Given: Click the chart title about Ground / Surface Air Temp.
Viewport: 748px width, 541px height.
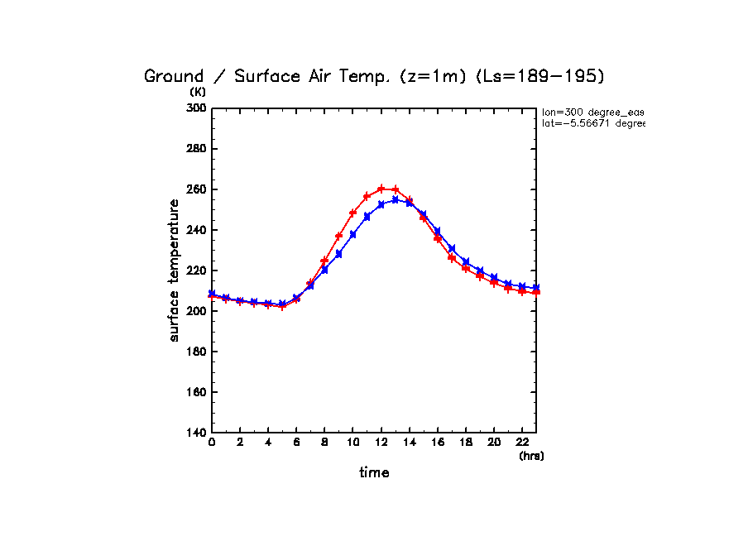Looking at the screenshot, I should click(375, 76).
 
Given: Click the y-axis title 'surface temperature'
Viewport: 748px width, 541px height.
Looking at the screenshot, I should click(175, 270).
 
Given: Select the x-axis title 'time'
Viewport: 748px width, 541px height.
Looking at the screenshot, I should click(374, 472).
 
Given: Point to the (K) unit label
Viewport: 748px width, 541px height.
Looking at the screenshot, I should click(198, 92).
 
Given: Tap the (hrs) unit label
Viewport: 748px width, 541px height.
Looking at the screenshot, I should click(531, 456).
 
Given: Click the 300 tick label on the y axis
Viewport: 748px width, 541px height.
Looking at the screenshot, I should click(196, 108).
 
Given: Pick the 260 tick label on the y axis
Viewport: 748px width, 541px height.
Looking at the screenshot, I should click(196, 189).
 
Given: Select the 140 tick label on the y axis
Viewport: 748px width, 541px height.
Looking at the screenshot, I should click(196, 433).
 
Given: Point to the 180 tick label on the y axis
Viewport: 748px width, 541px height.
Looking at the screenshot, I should click(196, 352).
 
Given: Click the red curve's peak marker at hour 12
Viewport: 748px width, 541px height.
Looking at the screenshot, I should click(381, 189).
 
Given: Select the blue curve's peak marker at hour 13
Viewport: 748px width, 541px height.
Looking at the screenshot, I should click(396, 199).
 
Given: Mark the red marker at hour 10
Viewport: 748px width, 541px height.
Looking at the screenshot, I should click(353, 213).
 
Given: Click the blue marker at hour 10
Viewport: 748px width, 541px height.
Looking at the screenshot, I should click(353, 234).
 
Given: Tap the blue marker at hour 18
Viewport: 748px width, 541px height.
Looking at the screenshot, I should click(466, 262).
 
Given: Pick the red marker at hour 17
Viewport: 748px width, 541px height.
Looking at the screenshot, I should click(452, 257).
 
